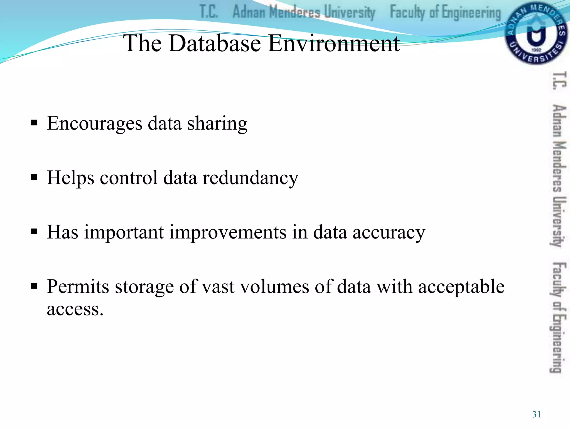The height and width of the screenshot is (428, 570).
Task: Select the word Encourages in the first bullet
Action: point(94,123)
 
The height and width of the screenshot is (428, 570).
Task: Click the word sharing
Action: point(217,123)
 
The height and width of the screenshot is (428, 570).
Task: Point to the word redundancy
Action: point(250,178)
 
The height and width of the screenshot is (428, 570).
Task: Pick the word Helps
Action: point(70,178)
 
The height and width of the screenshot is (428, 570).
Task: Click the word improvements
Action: point(228,232)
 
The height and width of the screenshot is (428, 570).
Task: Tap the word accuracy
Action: point(389,232)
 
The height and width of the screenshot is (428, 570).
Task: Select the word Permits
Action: point(78,286)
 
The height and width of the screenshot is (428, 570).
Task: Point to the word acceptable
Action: point(461,287)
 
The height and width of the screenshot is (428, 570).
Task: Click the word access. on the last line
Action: point(75,309)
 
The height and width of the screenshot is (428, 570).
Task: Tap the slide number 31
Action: point(536,414)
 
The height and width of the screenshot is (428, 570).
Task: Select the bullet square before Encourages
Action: point(34,123)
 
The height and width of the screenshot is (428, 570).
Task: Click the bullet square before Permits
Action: point(34,286)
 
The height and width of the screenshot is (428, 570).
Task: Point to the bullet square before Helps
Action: point(34,177)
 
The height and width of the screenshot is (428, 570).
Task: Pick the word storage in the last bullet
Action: point(144,287)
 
